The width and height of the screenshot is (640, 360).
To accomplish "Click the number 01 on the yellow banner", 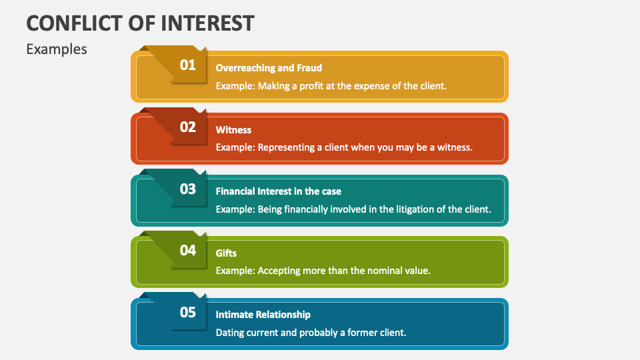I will click(x=188, y=65).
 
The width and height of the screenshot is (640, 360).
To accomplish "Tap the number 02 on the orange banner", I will click(x=188, y=127).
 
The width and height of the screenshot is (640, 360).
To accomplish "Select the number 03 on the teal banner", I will click(x=188, y=189).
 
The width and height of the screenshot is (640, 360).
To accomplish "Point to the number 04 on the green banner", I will click(x=188, y=250).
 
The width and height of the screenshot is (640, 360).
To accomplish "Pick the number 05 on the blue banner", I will click(x=188, y=312).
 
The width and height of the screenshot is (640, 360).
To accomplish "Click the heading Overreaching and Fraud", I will click(x=269, y=67).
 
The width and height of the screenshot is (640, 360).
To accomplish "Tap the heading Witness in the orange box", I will click(x=233, y=129).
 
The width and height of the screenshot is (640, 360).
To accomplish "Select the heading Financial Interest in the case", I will click(x=278, y=191).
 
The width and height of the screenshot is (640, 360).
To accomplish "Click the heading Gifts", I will click(x=226, y=253).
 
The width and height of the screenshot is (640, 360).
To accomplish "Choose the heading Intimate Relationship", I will click(x=263, y=314).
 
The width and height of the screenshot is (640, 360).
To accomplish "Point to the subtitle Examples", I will click(x=57, y=49).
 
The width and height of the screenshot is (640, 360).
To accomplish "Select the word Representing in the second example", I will click(x=289, y=147).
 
